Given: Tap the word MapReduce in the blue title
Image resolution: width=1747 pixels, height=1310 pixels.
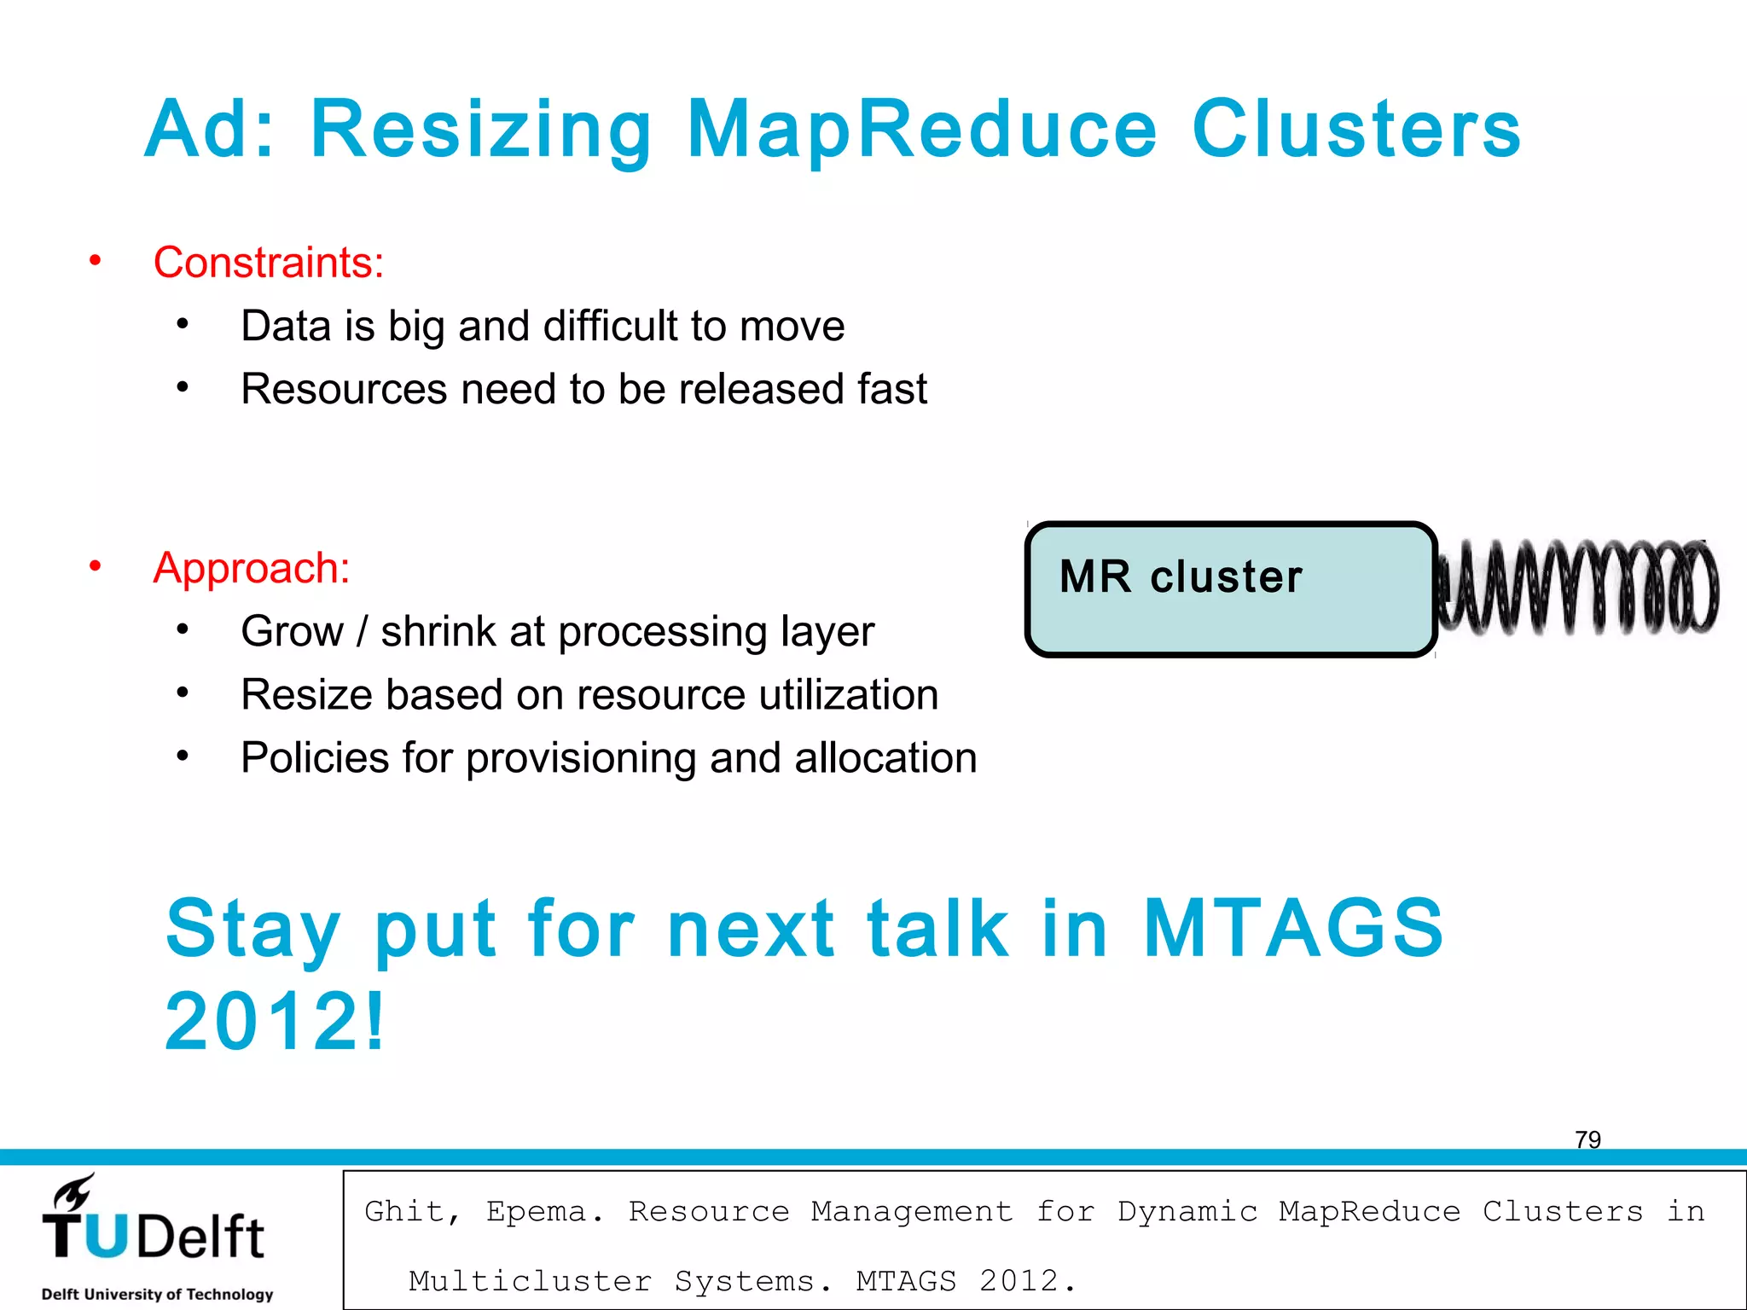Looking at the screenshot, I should coord(921,130).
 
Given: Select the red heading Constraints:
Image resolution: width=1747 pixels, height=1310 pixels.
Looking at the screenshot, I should coord(268,262).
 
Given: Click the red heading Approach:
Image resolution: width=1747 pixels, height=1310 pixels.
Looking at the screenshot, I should coord(251,568).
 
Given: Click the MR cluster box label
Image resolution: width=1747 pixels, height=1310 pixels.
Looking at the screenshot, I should coord(1181,577).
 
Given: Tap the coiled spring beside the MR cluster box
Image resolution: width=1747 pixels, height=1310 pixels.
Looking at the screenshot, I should coord(1577,588).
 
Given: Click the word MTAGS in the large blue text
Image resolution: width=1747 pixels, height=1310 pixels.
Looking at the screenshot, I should coord(1292,928).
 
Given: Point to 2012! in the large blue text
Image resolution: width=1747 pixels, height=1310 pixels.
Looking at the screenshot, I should coord(275,1021).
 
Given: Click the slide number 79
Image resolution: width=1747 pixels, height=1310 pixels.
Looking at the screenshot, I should coord(1587,1139).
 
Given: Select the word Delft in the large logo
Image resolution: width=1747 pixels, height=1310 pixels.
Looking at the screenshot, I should coord(200,1238).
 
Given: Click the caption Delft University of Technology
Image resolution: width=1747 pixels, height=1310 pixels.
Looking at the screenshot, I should coord(157,1294).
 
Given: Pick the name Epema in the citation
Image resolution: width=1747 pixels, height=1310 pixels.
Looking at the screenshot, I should coord(543,1211).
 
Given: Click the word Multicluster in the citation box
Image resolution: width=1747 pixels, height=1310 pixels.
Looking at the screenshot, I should coord(530,1281).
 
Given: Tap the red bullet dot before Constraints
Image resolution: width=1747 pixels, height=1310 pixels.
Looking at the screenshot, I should coord(96,260).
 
